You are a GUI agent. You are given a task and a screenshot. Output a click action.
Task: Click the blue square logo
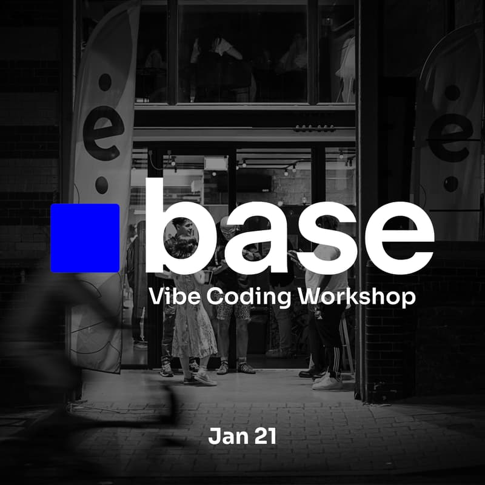(84, 238)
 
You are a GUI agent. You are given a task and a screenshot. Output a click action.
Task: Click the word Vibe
(172, 298)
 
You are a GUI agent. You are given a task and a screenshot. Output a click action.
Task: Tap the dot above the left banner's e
(105, 82)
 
